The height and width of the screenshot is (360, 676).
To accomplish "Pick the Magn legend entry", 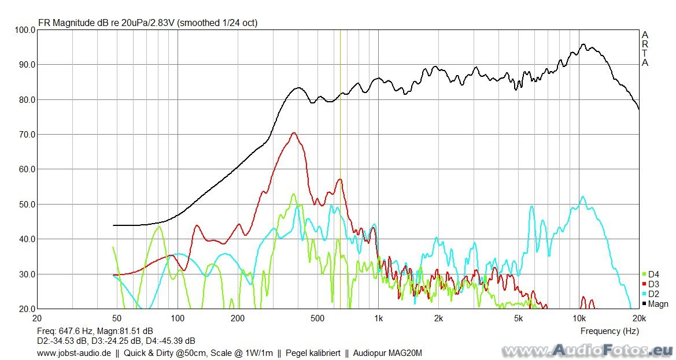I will (x=657, y=304).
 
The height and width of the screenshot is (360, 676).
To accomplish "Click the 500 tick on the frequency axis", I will (x=317, y=318).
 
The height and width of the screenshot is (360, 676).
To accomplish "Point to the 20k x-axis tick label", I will (x=638, y=318).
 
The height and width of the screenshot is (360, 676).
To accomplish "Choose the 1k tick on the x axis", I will (x=378, y=318).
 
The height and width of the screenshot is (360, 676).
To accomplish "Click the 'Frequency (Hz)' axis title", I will (x=609, y=331).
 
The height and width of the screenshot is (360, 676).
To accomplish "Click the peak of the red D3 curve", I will (x=294, y=133).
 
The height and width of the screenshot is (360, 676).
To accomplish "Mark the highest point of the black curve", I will (x=583, y=44).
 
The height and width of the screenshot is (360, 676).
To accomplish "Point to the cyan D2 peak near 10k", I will (x=582, y=196).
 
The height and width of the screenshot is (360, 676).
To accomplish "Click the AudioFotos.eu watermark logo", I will (x=588, y=350).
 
